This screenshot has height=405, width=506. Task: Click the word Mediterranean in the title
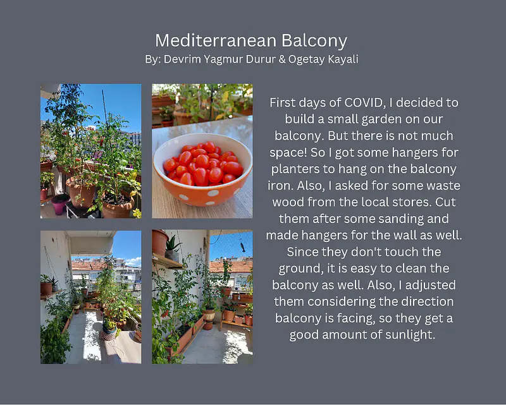[x=216, y=41]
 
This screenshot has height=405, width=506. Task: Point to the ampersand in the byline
[x=282, y=59]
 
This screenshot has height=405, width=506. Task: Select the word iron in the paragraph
[x=280, y=186]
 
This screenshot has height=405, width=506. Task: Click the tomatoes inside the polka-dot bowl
[x=203, y=164]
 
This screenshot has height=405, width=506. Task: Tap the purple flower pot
[x=60, y=204]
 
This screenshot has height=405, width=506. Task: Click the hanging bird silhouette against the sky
[x=242, y=247]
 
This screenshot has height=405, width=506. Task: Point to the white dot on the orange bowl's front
[x=213, y=193]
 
